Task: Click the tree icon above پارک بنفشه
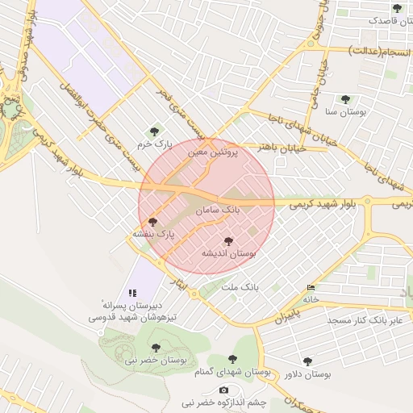point(153,221)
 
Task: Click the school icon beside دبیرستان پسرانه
point(132,294)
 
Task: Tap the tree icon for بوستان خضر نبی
point(156,348)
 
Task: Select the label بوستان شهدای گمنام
point(232,372)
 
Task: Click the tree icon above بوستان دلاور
point(307,361)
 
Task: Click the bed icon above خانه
point(311,288)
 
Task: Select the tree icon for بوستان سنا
point(345,99)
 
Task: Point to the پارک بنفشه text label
point(153,234)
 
